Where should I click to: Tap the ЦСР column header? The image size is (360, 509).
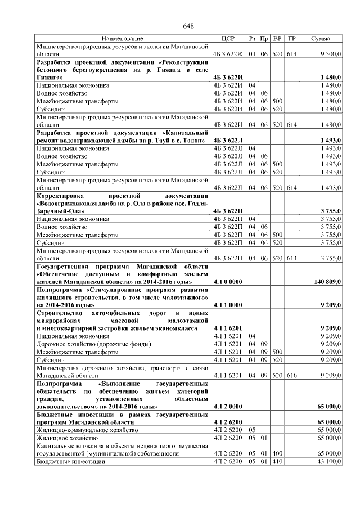[228, 38]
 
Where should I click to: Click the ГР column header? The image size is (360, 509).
[291, 38]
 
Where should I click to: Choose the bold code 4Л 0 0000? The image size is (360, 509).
[227, 281]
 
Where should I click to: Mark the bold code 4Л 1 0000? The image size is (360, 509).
[227, 304]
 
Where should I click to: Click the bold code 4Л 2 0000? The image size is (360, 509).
[227, 406]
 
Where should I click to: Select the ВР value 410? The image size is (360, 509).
[277, 461]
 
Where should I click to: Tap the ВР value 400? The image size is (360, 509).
[277, 453]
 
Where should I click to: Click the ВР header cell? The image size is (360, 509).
[277, 38]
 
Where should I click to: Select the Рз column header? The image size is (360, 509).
[253, 38]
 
